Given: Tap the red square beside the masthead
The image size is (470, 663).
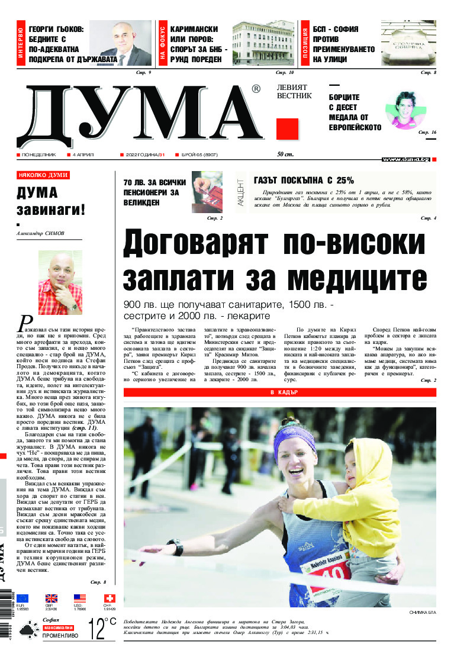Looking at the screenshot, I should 287,129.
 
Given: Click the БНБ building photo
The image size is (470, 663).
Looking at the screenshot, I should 263,44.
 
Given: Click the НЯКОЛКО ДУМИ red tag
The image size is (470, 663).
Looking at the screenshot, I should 43,175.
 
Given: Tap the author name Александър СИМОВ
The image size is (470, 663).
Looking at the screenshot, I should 41,233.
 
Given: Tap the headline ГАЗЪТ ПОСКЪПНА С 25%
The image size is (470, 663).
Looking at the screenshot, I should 303,181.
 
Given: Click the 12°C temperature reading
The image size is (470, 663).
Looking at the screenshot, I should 102,629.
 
